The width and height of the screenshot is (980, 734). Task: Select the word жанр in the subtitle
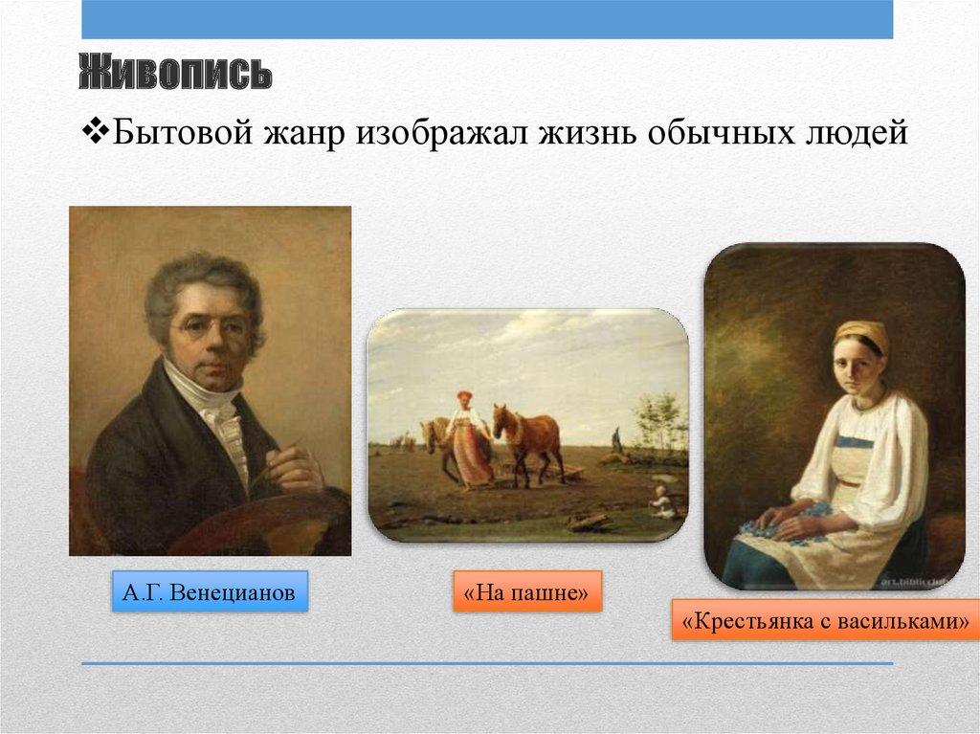(303, 134)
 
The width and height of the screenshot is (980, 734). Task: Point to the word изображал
(440, 133)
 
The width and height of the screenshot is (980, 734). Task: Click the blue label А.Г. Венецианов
(210, 590)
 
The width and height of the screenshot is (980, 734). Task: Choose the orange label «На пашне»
(527, 590)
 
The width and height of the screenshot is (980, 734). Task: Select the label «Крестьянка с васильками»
(826, 619)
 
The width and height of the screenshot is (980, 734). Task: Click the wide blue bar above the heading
(487, 19)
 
